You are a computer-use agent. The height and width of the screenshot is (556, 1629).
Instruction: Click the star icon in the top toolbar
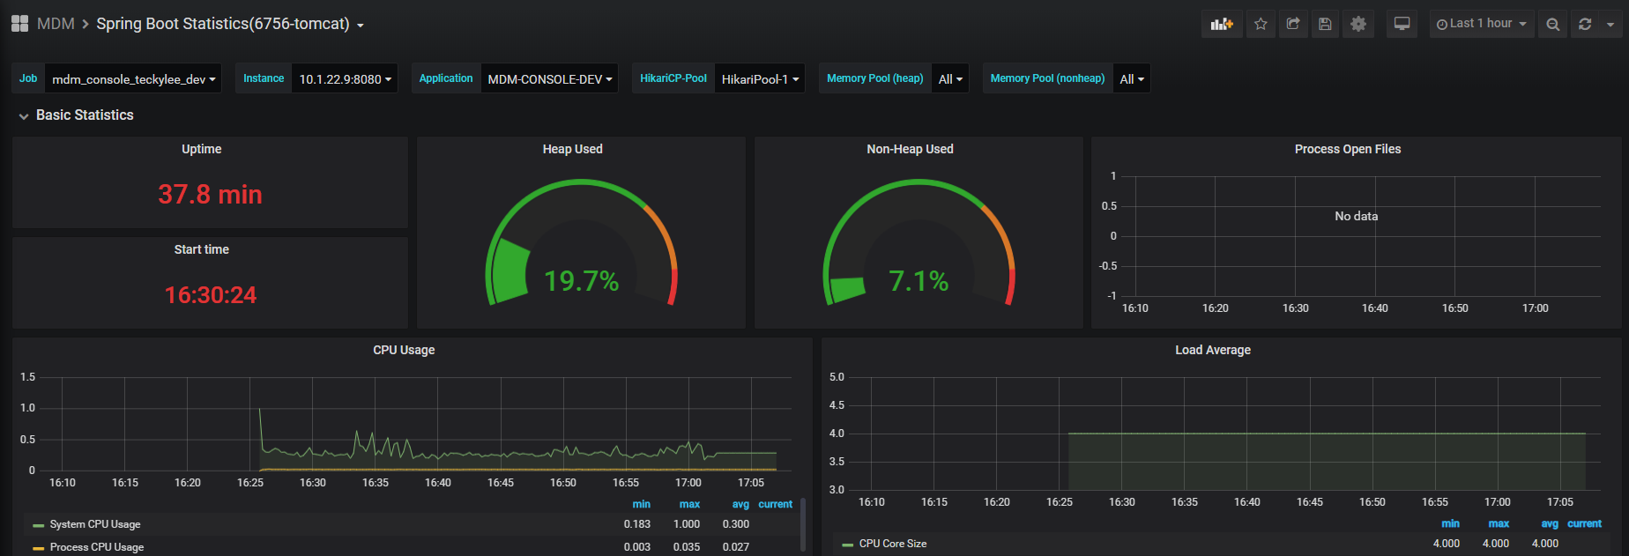(1261, 24)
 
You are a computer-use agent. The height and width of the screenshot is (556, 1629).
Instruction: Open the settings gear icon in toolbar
(1358, 24)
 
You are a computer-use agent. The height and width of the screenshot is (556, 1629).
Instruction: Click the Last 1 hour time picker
(1481, 24)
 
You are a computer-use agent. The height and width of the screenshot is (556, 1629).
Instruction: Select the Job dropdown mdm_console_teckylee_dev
(133, 79)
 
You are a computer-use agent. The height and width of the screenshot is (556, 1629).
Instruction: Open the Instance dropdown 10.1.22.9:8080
(345, 79)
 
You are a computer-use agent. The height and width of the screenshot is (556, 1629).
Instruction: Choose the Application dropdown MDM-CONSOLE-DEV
(549, 79)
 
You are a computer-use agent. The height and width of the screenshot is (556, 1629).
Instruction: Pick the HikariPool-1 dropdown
(760, 79)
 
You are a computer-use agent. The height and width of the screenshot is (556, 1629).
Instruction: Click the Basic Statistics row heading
(85, 115)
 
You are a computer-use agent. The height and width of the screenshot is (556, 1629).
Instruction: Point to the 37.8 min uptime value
(210, 195)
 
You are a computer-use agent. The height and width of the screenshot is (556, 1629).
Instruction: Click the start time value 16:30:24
(211, 295)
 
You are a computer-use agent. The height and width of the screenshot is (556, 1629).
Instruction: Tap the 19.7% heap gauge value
(582, 281)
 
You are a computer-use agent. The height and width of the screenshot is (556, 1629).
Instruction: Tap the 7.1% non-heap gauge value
(919, 281)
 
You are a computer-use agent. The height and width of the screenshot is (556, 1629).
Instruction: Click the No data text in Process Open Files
(1356, 216)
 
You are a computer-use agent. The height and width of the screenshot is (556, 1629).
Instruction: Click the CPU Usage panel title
(404, 350)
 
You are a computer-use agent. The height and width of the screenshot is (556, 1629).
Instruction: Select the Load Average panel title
(1213, 350)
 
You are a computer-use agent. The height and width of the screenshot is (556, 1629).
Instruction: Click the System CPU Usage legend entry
(95, 524)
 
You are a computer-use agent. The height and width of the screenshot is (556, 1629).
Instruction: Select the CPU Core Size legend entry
(893, 544)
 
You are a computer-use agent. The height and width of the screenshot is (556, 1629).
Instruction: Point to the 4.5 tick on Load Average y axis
(837, 405)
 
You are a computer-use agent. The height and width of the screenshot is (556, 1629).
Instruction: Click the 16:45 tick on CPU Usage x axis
(501, 483)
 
